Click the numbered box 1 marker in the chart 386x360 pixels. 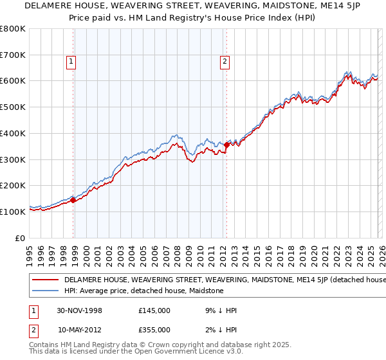click(71, 62)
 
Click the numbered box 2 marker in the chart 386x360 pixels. click(225, 62)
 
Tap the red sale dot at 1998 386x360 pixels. click(73, 200)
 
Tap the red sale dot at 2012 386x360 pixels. click(226, 145)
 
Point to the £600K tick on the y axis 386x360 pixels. click(13, 81)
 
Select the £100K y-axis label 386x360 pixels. click(13, 212)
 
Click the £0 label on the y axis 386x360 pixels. click(21, 238)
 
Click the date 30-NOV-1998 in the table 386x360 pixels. click(80, 310)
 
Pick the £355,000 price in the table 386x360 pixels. click(154, 330)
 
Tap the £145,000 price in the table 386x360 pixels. click(154, 310)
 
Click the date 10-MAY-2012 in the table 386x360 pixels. click(80, 330)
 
